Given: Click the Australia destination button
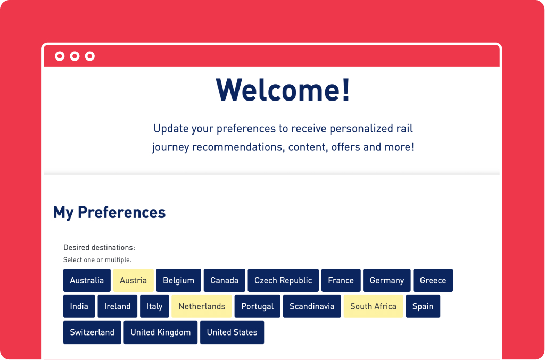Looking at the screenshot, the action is pos(87,280).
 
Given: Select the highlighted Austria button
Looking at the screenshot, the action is pos(134,280).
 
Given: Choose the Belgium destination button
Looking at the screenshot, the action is pos(179,280).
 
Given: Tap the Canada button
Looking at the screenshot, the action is pos(225,280).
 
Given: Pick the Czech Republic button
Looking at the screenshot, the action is pos(283,280).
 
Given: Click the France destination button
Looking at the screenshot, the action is pos(341,280).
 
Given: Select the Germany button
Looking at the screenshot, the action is pos(387,280).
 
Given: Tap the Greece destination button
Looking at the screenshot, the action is pos(433,280).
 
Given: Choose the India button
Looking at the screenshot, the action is pos(79,306).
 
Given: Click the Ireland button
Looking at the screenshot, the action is pos(118,306).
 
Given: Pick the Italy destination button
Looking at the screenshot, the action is pos(155,306).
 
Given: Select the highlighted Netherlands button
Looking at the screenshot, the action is pos(202,306).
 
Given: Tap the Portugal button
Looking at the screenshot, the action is pos(258,306).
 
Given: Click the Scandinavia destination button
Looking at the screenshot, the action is pos(312,306).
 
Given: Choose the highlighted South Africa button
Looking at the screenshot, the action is pos(373,306).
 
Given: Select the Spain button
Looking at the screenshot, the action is pos(423,306).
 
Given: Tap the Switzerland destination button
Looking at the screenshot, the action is pos(92,332).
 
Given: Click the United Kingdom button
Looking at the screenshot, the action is pos(161,332).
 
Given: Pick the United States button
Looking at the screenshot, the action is pos(232,332).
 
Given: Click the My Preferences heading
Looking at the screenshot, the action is pos(110,213).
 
